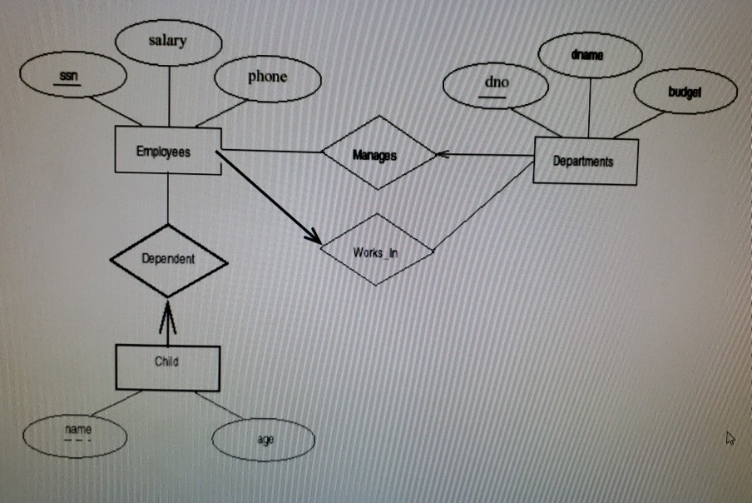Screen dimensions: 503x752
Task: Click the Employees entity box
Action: point(167,151)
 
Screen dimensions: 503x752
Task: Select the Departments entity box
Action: point(584,161)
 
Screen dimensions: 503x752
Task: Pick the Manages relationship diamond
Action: point(378,153)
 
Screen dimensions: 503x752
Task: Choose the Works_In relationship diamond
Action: point(376,249)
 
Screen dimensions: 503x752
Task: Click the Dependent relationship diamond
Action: point(168,259)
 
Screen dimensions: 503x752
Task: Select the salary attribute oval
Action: point(168,42)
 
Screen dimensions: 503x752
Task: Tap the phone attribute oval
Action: point(267,78)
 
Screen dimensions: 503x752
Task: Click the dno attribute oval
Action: point(496,85)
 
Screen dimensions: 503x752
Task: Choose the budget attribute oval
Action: point(685,92)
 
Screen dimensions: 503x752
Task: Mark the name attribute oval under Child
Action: point(76,434)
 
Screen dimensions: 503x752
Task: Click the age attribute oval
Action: point(264,440)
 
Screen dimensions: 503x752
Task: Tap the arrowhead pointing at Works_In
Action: point(313,238)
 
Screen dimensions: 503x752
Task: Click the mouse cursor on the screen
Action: point(730,436)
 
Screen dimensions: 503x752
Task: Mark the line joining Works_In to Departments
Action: point(482,207)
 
